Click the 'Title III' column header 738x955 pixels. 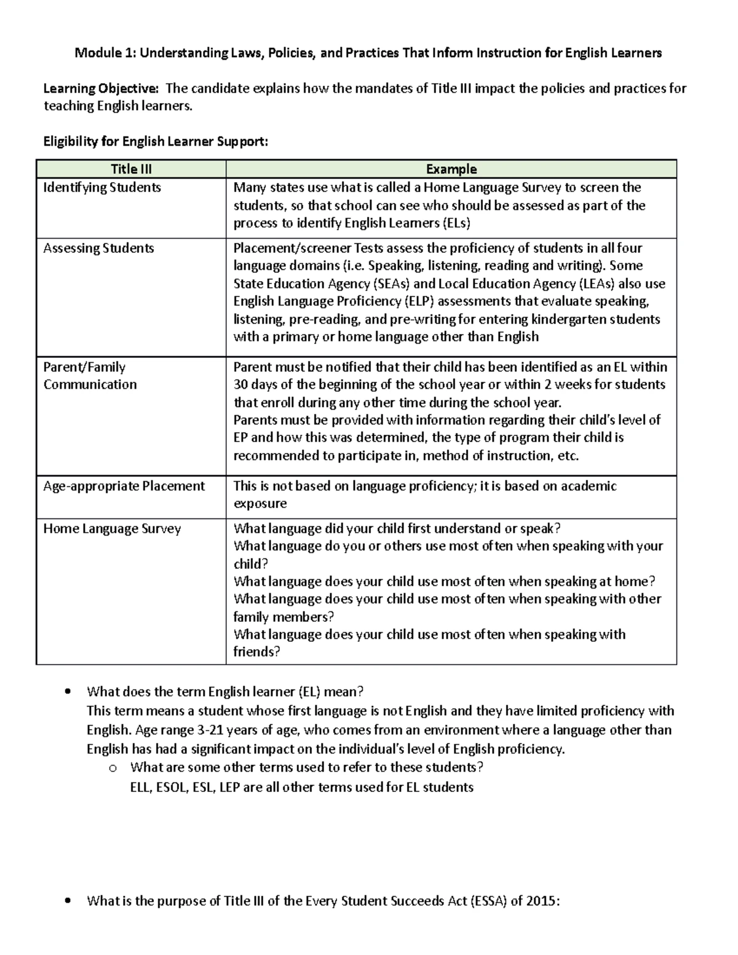[x=131, y=169]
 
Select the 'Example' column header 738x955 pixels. [x=451, y=169]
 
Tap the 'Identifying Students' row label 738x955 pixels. [x=102, y=188]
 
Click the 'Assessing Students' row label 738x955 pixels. [x=98, y=248]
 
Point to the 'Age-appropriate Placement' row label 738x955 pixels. [x=124, y=486]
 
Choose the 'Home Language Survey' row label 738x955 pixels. [x=112, y=529]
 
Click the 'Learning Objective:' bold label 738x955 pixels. [x=100, y=89]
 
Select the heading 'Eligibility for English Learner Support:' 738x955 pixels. [x=156, y=142]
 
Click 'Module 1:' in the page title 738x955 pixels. [x=105, y=53]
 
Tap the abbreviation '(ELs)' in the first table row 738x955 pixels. [x=456, y=223]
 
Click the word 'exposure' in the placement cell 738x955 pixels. [x=260, y=504]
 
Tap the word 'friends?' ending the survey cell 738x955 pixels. [x=256, y=652]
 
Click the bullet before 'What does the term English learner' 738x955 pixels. [x=68, y=692]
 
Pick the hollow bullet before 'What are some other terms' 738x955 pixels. [x=111, y=768]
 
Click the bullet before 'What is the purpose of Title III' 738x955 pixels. [x=68, y=902]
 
